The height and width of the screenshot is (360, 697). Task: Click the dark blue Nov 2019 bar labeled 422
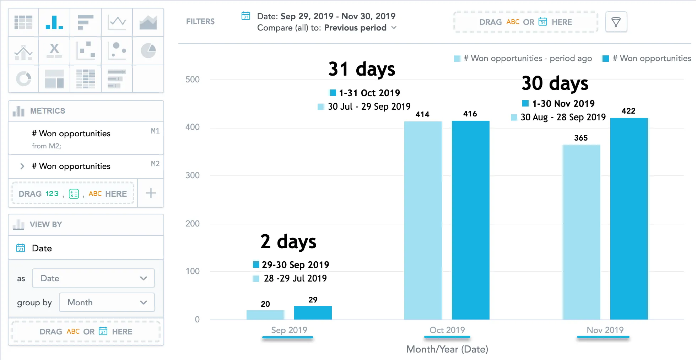(x=629, y=218)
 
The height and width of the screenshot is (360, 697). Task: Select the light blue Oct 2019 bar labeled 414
(x=423, y=220)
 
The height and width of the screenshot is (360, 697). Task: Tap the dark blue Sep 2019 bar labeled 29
(x=313, y=313)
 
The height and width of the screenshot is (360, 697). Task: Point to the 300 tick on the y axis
(x=193, y=175)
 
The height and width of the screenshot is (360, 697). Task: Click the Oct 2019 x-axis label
(x=447, y=330)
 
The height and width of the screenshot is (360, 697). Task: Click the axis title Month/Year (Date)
(x=447, y=349)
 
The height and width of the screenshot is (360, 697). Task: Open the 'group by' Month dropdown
(x=107, y=302)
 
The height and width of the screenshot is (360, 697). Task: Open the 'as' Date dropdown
(x=93, y=278)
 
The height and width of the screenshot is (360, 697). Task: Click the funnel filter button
(x=616, y=22)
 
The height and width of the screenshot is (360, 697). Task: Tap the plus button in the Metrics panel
(x=151, y=193)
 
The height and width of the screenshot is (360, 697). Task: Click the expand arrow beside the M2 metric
(x=22, y=166)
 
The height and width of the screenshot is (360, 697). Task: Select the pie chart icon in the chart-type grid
(x=148, y=51)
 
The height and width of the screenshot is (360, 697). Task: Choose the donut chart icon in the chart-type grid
(x=24, y=79)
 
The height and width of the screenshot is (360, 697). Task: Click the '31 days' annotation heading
(x=362, y=69)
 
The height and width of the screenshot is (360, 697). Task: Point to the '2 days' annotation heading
(x=288, y=242)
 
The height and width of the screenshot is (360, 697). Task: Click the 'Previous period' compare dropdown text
(x=355, y=28)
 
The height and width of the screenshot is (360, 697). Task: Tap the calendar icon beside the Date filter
(x=246, y=16)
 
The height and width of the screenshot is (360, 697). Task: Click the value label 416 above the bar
(x=470, y=114)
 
